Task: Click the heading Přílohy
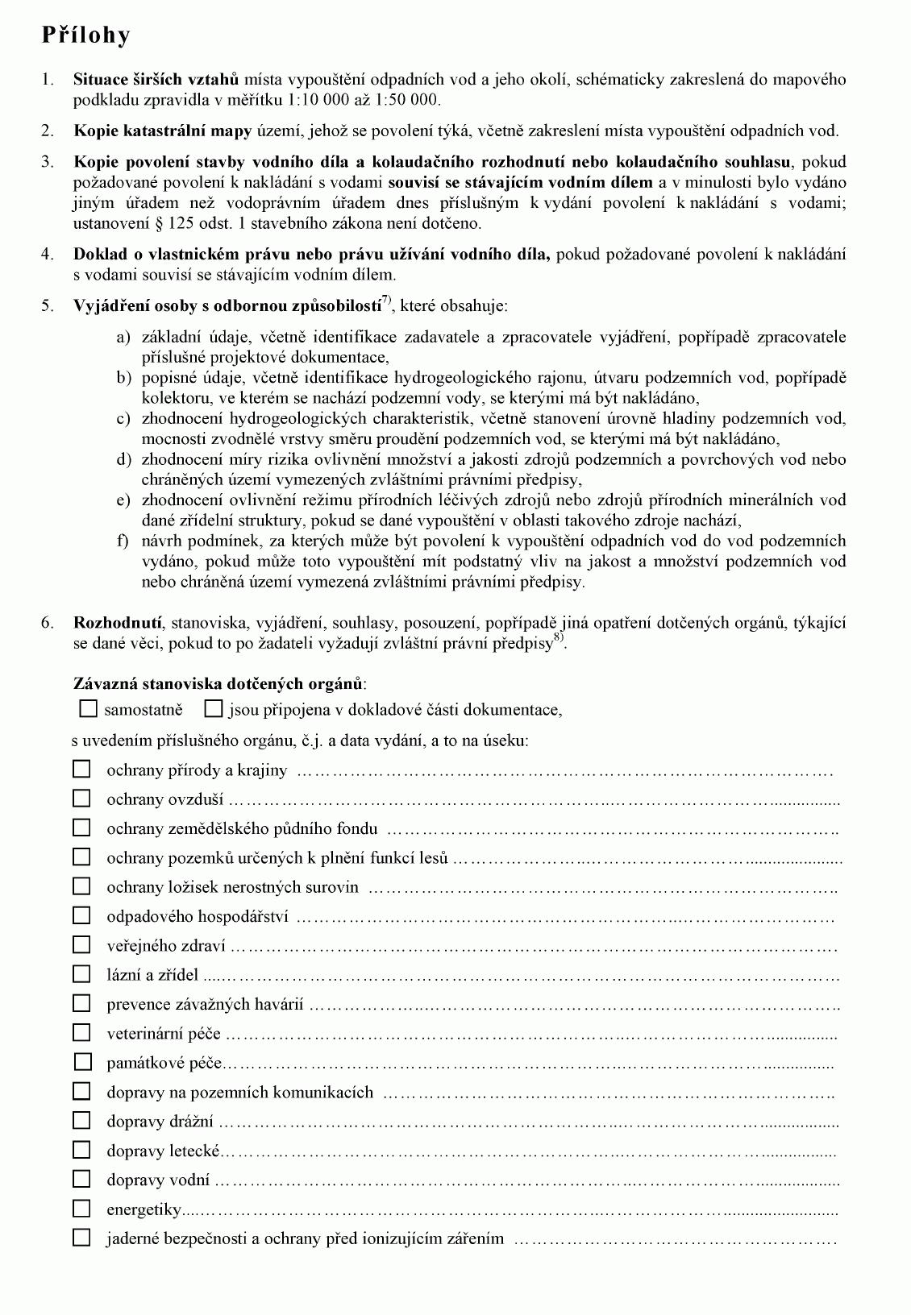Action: click(x=85, y=36)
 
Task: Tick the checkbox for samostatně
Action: click(x=89, y=709)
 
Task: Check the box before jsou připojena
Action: click(x=214, y=709)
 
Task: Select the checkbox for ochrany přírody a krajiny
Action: click(x=81, y=770)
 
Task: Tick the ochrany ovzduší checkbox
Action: click(x=81, y=799)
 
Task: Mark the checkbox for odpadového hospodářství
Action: click(x=81, y=916)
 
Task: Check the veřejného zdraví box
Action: click(x=81, y=945)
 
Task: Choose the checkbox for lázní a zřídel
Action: click(x=81, y=974)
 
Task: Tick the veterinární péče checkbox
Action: click(x=81, y=1033)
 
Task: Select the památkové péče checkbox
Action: click(x=81, y=1062)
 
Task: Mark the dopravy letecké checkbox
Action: click(x=81, y=1150)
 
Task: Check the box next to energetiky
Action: click(x=81, y=1209)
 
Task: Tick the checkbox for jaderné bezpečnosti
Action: click(x=81, y=1238)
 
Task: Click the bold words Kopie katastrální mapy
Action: click(x=163, y=131)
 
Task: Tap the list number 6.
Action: click(x=48, y=622)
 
